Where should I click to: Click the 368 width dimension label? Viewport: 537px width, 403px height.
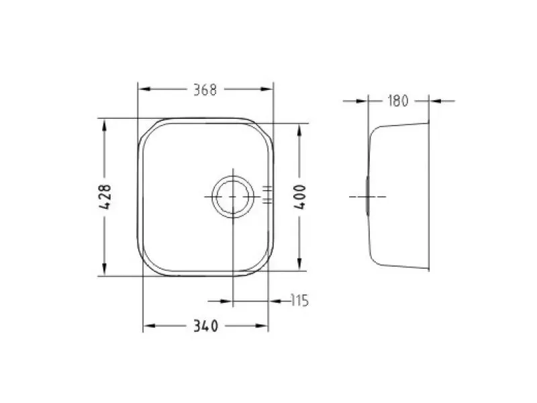point(205,90)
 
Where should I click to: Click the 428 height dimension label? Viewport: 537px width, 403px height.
point(105,197)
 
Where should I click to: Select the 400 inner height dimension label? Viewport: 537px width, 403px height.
point(300,197)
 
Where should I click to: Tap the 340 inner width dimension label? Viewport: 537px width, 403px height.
point(205,326)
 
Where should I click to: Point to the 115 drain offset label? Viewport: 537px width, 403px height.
point(299,300)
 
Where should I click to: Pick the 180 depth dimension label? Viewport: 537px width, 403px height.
point(398,101)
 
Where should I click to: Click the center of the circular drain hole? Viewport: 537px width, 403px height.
point(233,197)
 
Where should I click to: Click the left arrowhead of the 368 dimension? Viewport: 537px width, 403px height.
point(144,89)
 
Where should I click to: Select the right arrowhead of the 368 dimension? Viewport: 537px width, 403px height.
point(266,89)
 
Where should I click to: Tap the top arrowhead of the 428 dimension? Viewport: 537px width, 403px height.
point(104,126)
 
